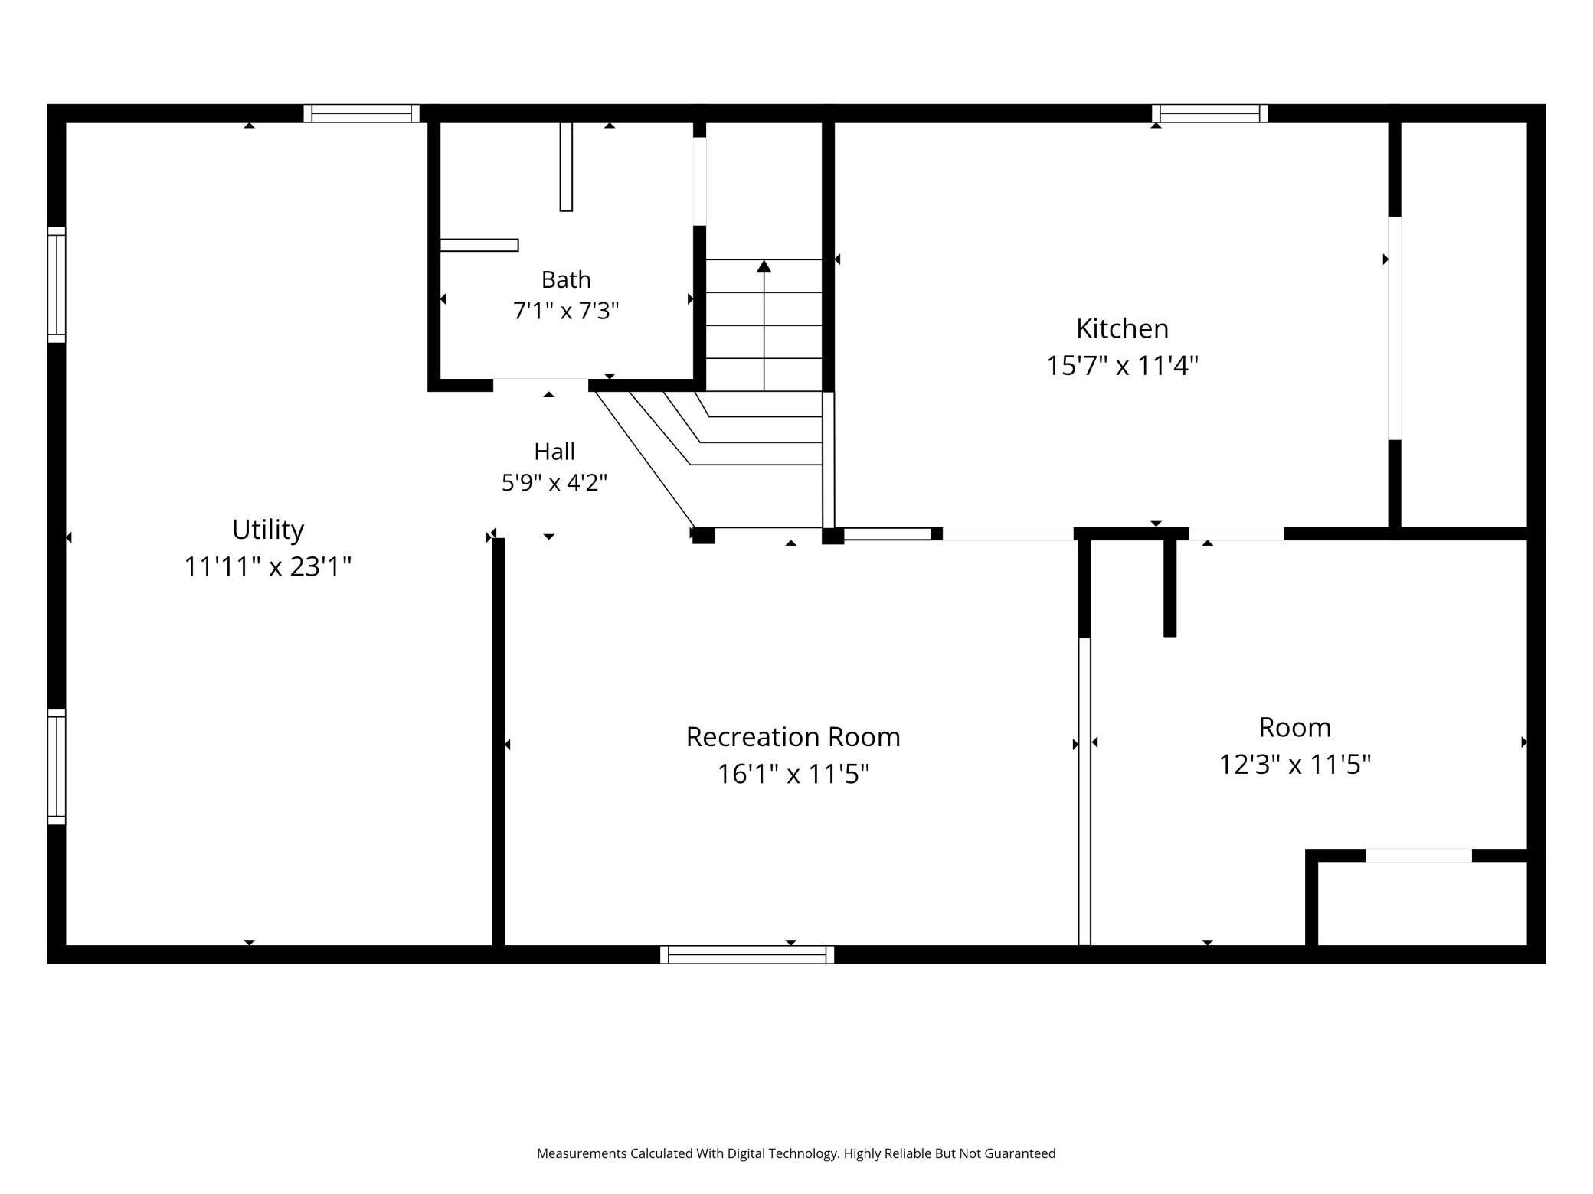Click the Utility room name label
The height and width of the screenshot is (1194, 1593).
[268, 529]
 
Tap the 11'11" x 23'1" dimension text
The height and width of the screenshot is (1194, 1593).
[268, 567]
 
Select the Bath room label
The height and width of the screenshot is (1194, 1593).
[566, 279]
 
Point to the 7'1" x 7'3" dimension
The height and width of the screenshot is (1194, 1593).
[566, 311]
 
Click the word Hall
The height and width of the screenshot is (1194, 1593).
[554, 452]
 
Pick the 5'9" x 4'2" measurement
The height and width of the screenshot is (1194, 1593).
[554, 483]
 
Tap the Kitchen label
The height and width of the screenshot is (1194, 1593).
[1123, 328]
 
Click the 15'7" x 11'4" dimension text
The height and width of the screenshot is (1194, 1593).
[1123, 366]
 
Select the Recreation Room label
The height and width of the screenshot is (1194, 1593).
[793, 737]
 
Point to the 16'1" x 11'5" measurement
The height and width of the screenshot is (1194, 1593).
[793, 775]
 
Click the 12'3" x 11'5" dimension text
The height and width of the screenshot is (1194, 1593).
[1295, 765]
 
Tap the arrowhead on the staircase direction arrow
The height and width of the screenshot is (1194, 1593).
[764, 266]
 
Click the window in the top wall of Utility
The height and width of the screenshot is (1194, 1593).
[361, 113]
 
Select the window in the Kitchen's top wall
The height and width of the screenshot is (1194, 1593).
[1210, 113]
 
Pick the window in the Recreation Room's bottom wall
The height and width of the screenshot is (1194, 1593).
[747, 954]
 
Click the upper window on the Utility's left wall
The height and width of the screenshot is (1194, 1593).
[57, 285]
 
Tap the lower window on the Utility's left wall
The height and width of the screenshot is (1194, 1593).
[57, 766]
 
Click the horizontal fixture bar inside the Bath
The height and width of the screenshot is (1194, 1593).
[479, 245]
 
